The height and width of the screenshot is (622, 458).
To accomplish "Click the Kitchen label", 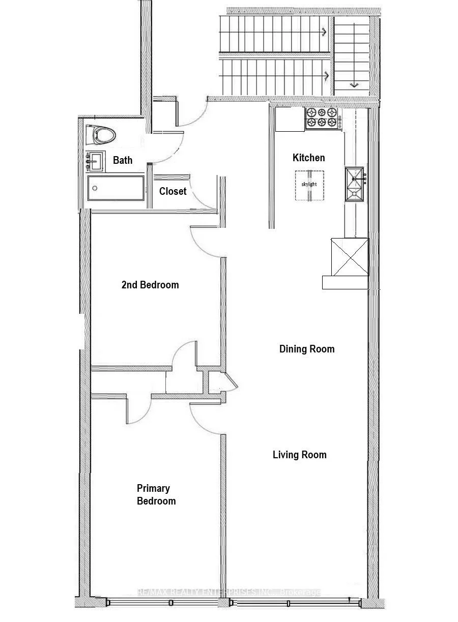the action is pyautogui.click(x=308, y=158).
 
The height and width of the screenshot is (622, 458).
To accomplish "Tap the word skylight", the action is pyautogui.click(x=309, y=184).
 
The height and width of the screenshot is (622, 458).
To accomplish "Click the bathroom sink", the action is pyautogui.click(x=95, y=161).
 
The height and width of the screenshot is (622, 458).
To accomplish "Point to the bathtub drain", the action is pyautogui.click(x=95, y=188).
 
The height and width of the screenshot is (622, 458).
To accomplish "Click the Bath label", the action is pyautogui.click(x=123, y=160).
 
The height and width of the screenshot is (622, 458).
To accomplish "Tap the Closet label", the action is pyautogui.click(x=173, y=191).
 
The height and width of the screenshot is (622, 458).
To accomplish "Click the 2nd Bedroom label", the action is pyautogui.click(x=150, y=285).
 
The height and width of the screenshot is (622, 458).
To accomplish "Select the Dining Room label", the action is pyautogui.click(x=307, y=349).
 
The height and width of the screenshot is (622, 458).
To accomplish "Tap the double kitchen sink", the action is pyautogui.click(x=354, y=184).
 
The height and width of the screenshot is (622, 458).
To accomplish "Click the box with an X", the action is pyautogui.click(x=350, y=257).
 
